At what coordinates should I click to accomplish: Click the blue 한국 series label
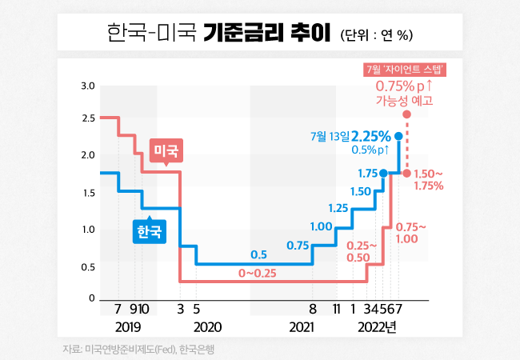[149, 232]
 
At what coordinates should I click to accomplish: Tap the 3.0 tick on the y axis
[88, 86]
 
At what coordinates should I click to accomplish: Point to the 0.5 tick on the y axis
[88, 266]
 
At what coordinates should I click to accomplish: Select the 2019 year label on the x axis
[128, 326]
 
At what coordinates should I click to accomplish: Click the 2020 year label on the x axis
[208, 326]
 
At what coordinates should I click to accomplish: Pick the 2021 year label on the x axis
[301, 326]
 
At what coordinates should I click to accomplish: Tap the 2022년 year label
[377, 326]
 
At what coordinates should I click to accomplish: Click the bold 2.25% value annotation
[370, 136]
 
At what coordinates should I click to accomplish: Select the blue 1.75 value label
[367, 173]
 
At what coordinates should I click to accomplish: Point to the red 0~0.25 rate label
[259, 274]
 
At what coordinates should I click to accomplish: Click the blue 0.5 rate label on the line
[258, 255]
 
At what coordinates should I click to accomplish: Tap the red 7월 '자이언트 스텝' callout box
[404, 70]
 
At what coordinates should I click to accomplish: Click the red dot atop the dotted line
[406, 115]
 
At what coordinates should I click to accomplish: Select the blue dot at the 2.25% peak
[398, 136]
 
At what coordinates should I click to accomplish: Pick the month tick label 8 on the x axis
[312, 307]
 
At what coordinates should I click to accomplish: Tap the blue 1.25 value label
[338, 209]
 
